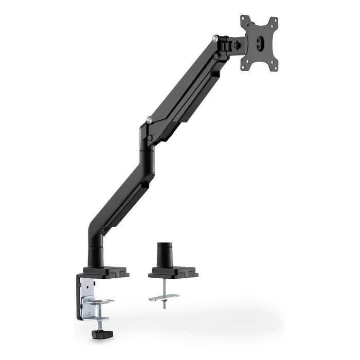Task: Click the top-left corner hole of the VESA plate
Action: click(243, 20)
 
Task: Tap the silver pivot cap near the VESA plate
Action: click(215, 38)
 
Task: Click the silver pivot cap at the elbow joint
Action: click(149, 121)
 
